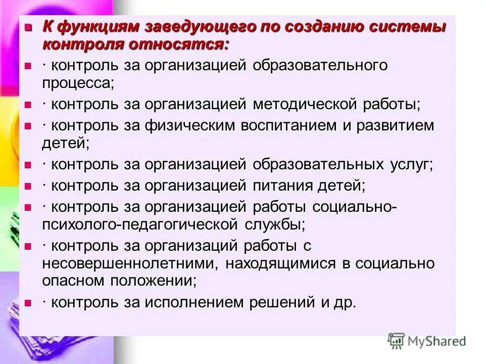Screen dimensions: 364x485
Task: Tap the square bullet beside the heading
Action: point(29,27)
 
